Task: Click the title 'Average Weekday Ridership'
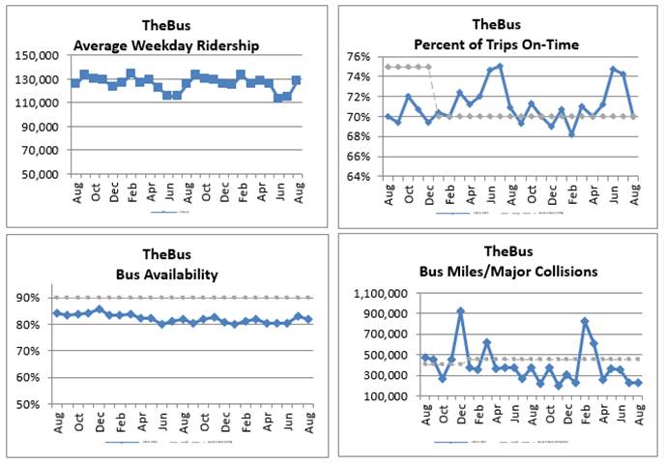(167, 44)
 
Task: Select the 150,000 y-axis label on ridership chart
(37, 56)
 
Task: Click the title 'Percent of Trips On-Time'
(497, 44)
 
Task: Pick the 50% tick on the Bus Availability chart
(36, 404)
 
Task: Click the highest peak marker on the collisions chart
(460, 311)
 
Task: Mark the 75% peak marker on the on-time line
(499, 67)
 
